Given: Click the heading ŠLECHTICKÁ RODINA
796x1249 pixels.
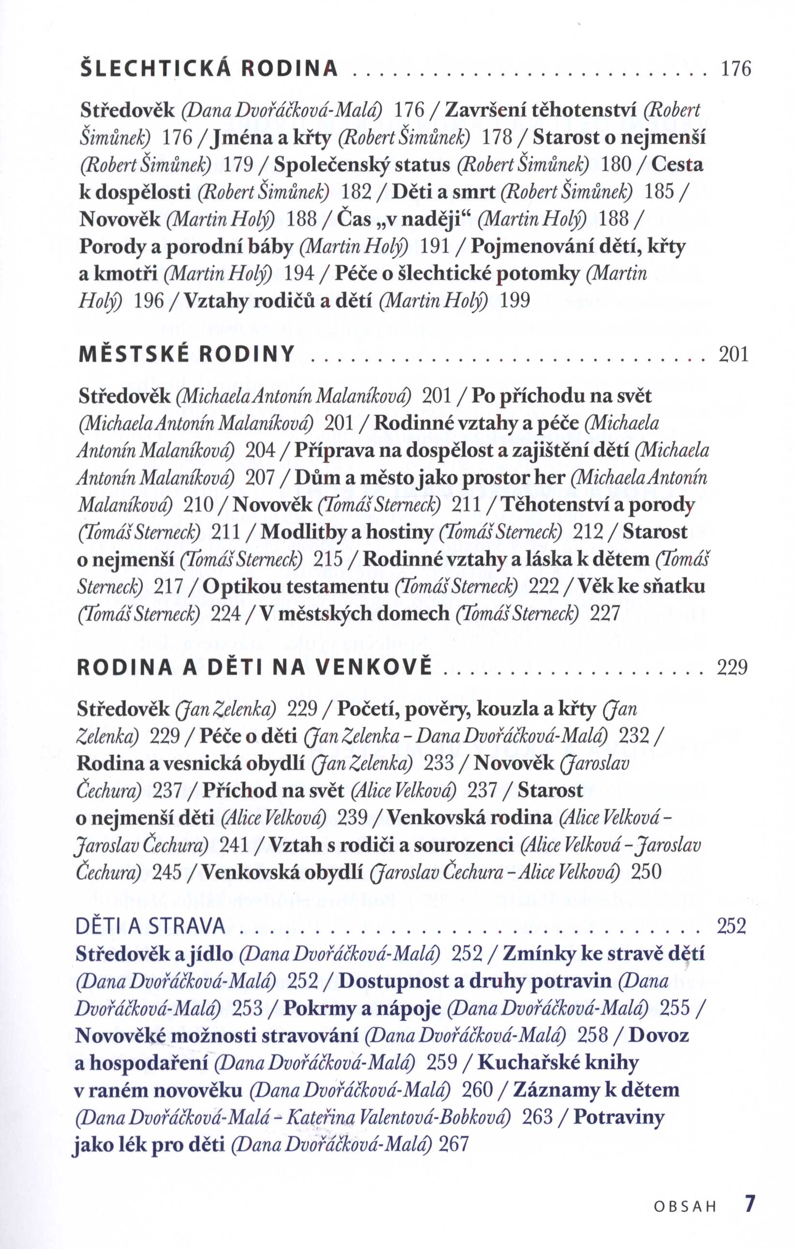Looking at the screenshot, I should pos(209,70).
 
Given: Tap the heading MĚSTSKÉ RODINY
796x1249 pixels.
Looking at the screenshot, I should pos(187,354).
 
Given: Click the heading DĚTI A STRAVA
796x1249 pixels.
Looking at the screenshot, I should pos(150,926).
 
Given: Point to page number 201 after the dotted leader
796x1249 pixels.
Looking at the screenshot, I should pos(734,355).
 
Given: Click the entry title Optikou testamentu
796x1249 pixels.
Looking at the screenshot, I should pos(295,587).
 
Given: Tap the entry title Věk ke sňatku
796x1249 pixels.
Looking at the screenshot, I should pos(641,587).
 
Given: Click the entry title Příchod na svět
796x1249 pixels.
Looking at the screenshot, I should pos(273,790).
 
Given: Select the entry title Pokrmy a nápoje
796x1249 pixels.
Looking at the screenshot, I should pos(362,1008).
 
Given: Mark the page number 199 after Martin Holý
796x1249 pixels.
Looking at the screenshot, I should pos(515,300).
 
